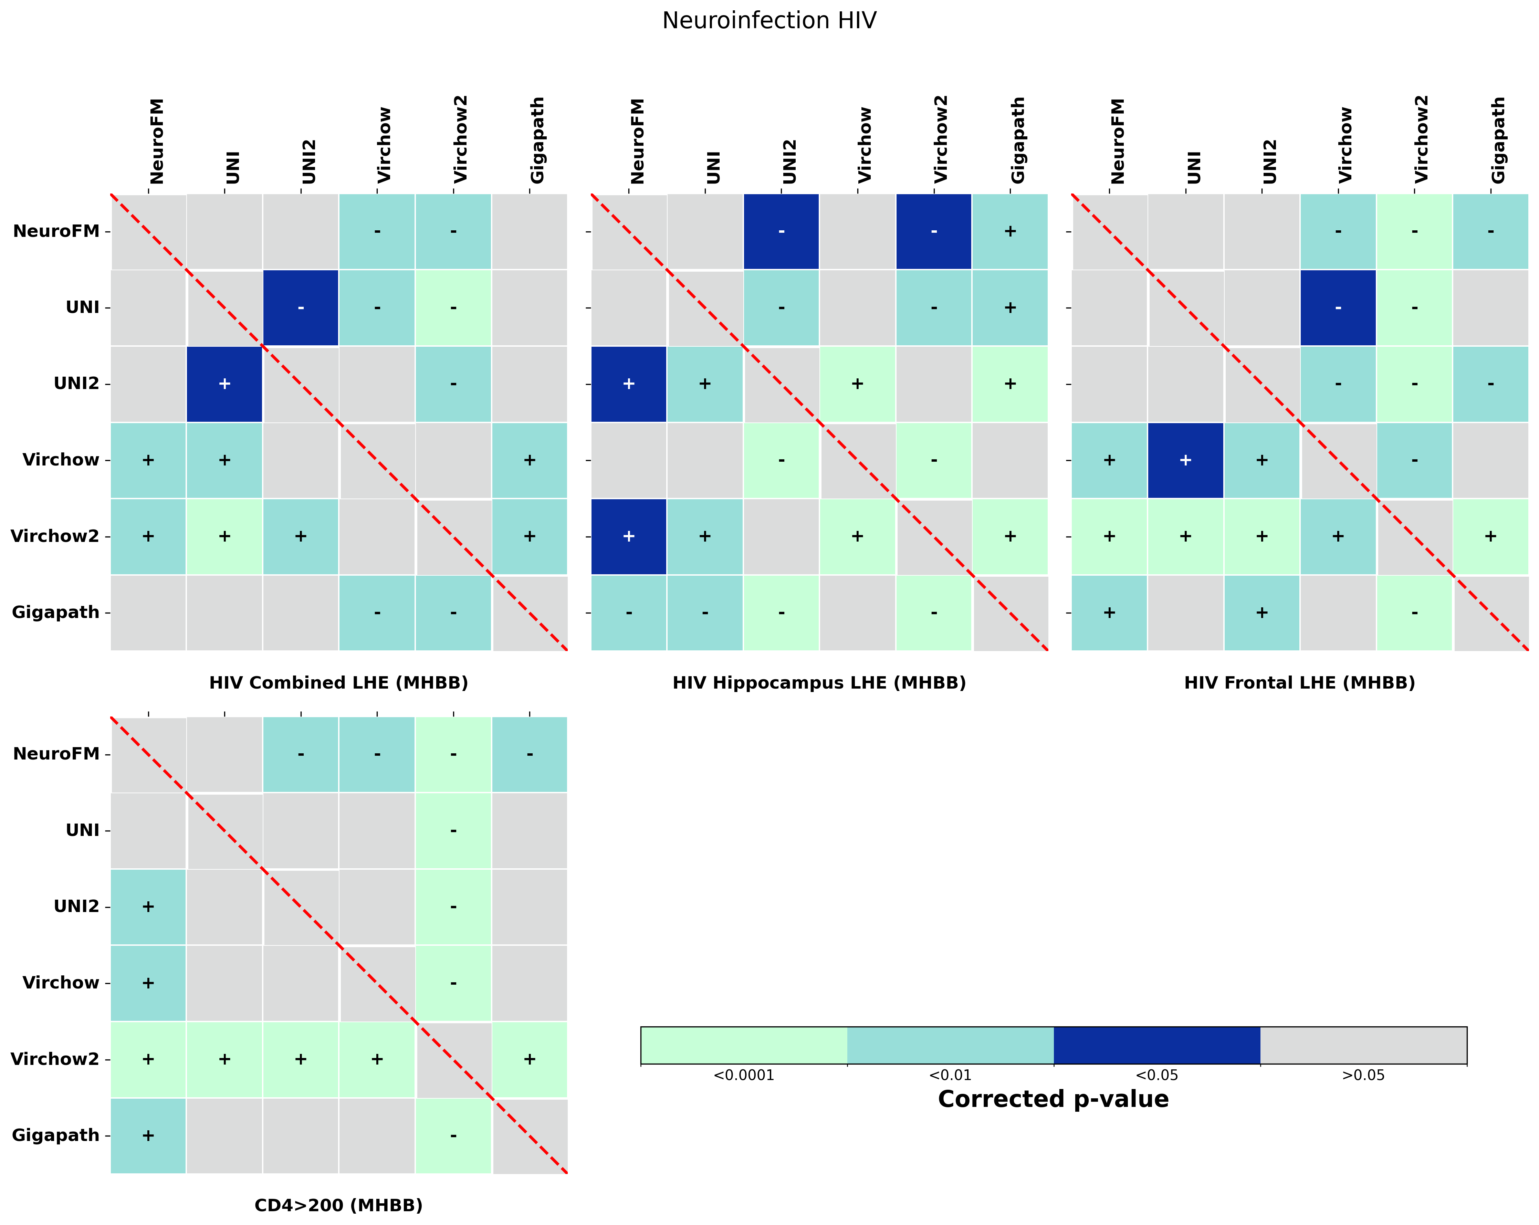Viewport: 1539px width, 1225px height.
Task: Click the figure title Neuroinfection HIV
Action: point(769,21)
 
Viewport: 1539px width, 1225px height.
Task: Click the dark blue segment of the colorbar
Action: point(1156,1045)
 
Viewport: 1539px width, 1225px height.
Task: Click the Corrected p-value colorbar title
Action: point(1053,1099)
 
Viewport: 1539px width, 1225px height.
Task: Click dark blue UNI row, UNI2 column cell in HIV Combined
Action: point(301,308)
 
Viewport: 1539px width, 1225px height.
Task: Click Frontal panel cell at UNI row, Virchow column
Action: point(1338,308)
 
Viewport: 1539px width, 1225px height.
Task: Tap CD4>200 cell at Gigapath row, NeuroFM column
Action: point(148,1135)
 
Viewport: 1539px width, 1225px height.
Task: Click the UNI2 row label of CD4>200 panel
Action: point(76,907)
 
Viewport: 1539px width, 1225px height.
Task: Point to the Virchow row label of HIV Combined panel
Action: point(61,460)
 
